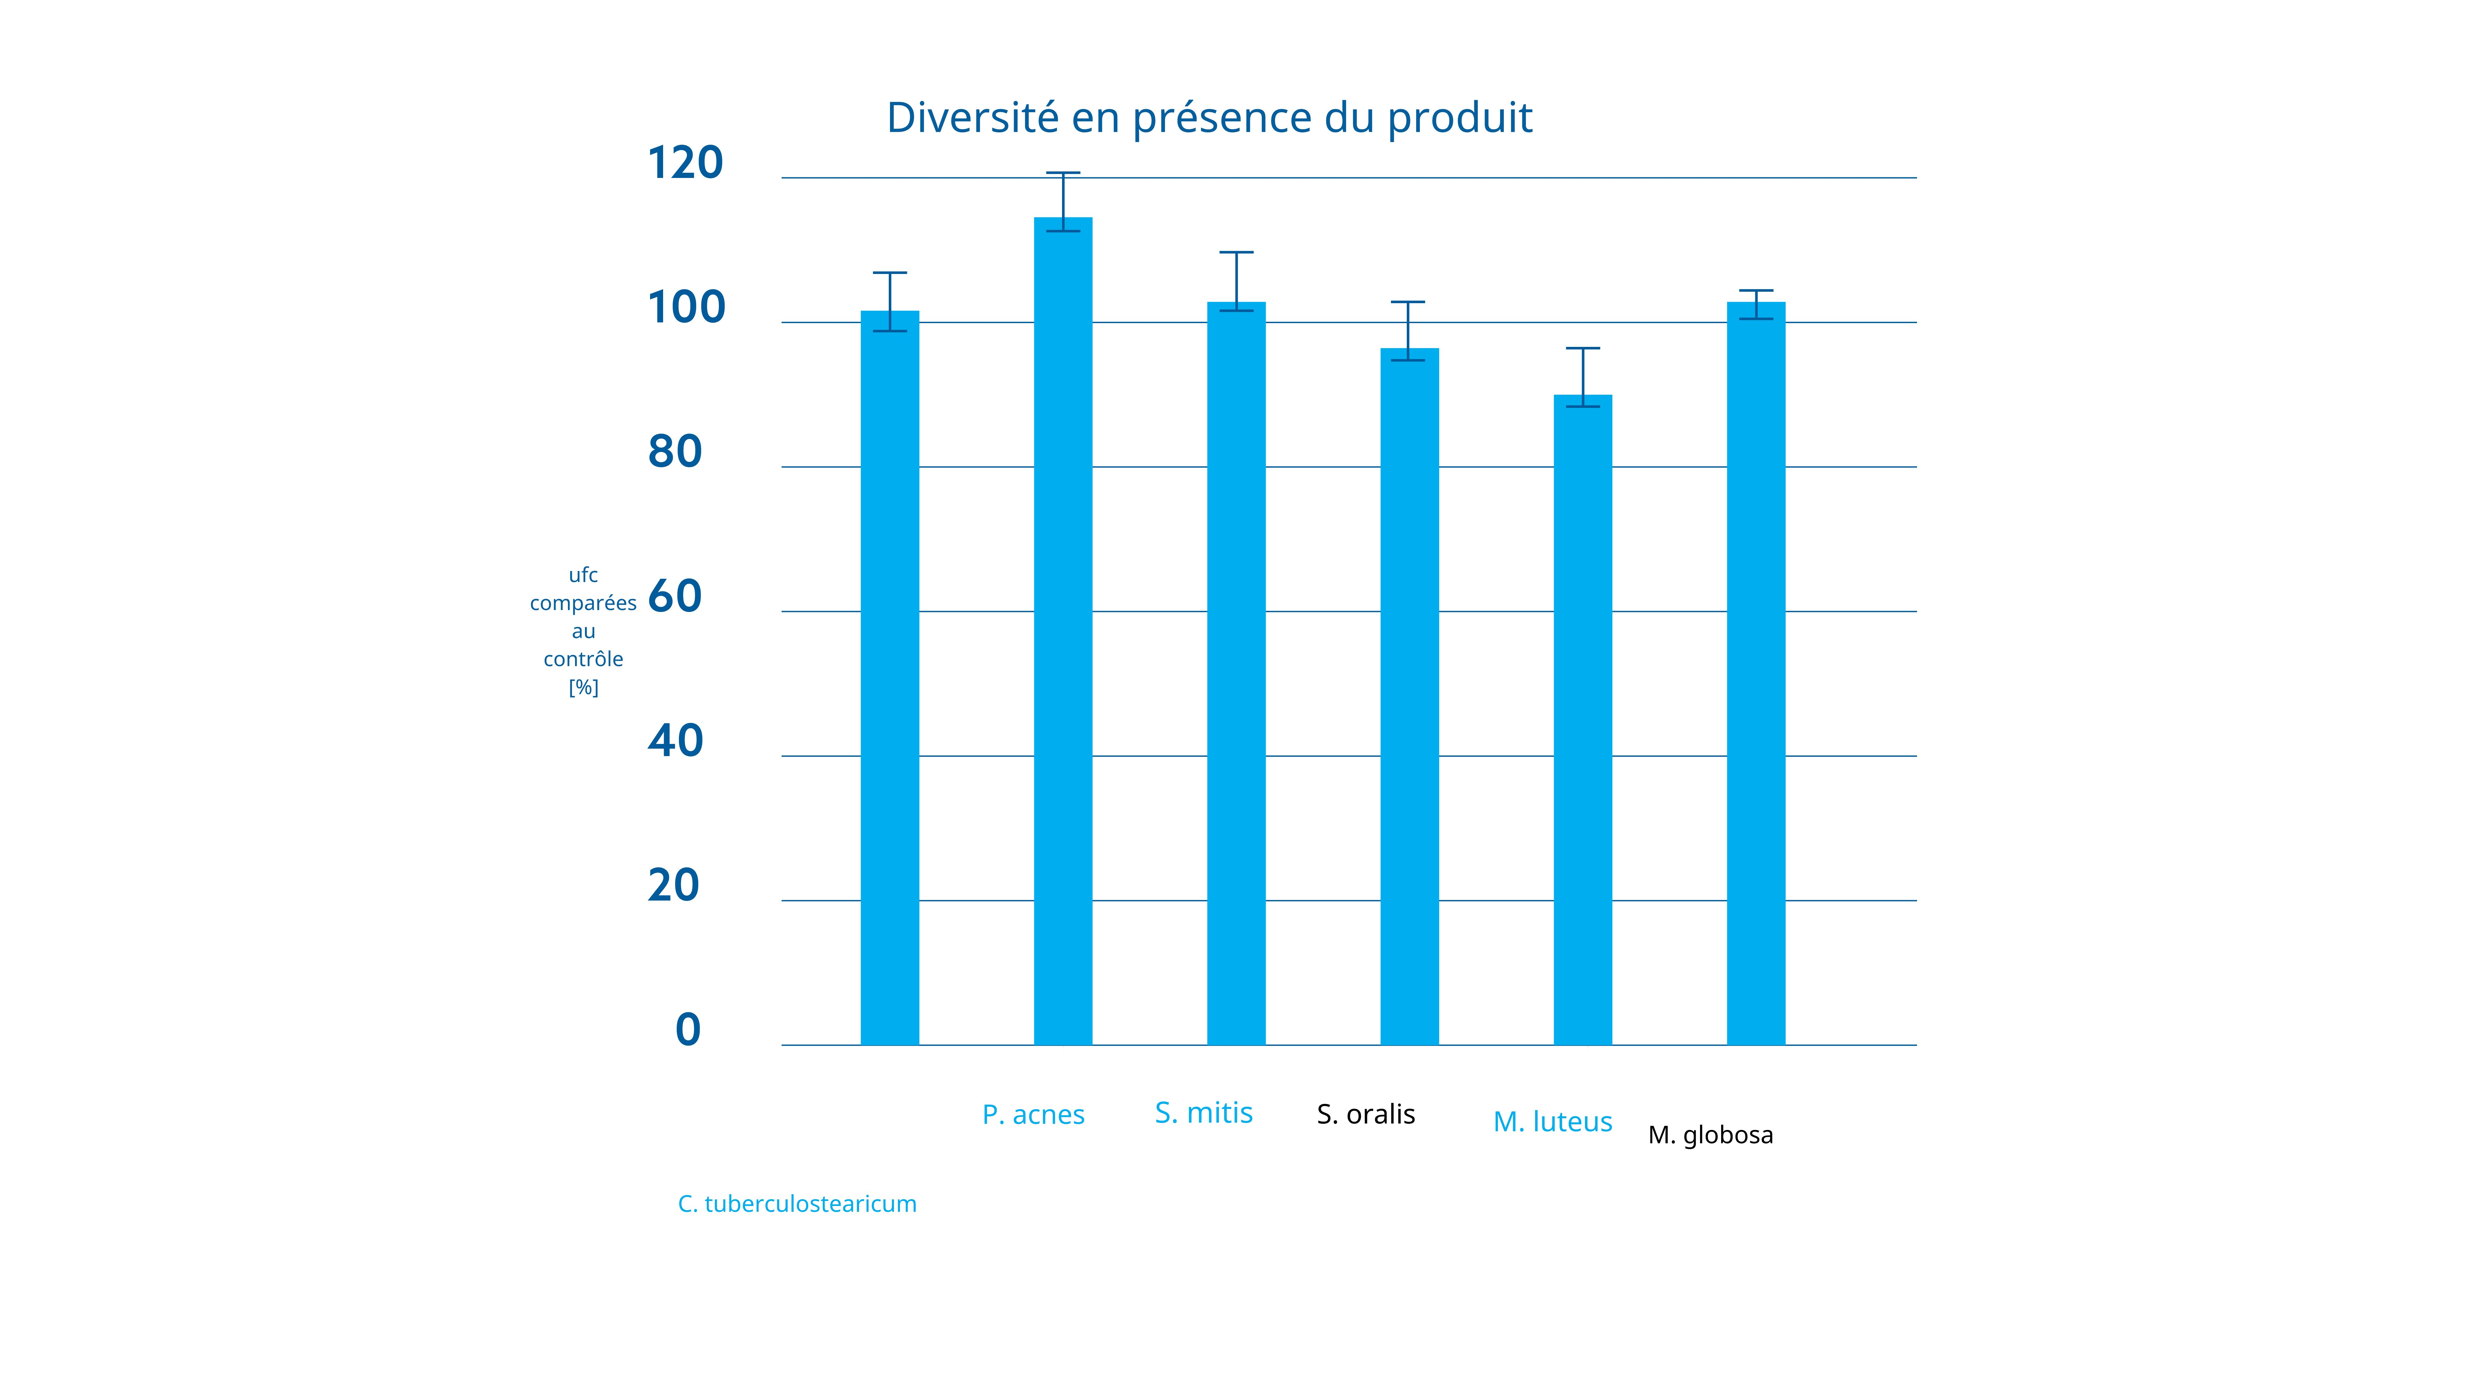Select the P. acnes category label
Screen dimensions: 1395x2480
click(x=1033, y=1115)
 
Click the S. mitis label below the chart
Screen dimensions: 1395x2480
click(x=1203, y=1113)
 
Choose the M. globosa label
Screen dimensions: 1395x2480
click(x=1710, y=1135)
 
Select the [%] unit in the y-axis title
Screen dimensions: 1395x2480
click(x=583, y=687)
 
